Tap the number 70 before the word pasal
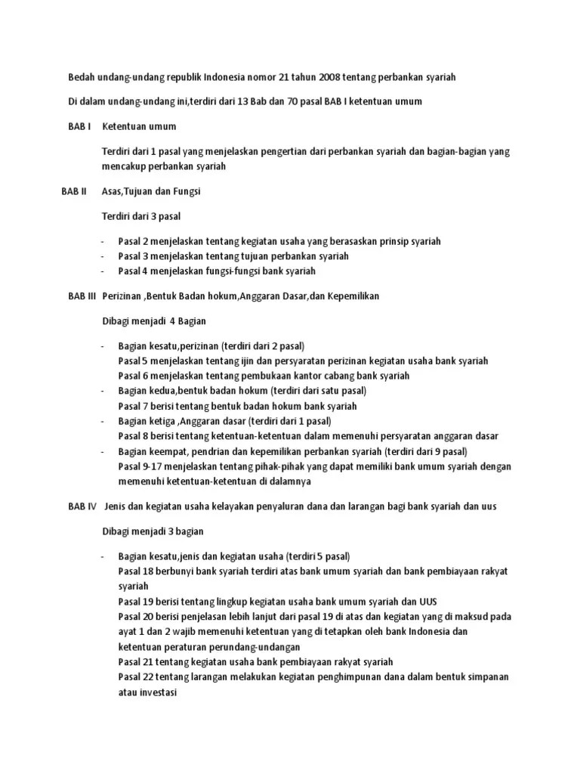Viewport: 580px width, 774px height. (x=295, y=101)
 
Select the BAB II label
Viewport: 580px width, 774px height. (x=76, y=192)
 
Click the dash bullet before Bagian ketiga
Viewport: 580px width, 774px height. (x=104, y=421)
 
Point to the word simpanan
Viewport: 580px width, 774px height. (x=483, y=676)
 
